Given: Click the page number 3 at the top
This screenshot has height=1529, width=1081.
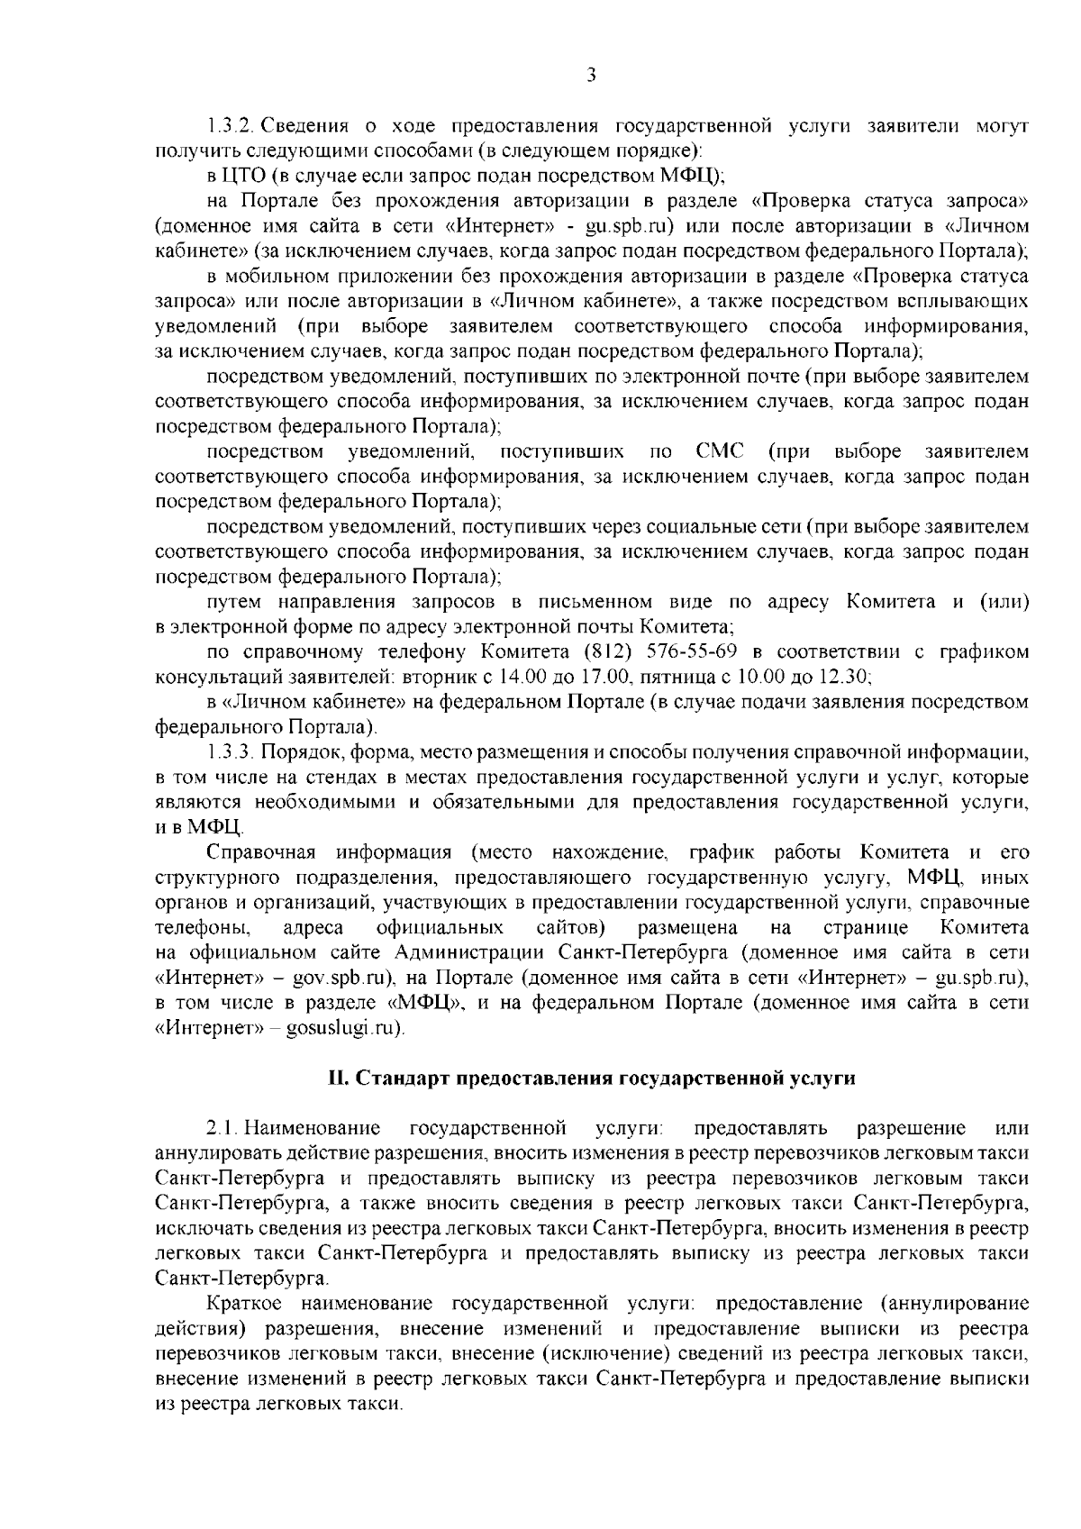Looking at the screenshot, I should (x=591, y=76).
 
